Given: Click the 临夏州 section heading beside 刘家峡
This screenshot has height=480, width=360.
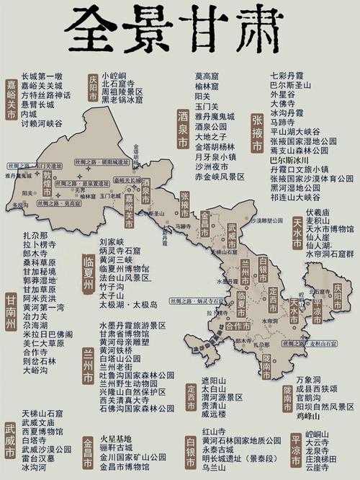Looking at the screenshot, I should (x=89, y=269).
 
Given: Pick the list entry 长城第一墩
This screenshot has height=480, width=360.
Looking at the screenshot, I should (x=42, y=76).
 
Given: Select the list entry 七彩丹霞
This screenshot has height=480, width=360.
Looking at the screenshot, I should (x=286, y=75).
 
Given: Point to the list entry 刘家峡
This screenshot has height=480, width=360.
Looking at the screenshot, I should (x=112, y=241).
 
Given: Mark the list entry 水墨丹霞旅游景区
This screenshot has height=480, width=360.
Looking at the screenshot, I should (x=132, y=326).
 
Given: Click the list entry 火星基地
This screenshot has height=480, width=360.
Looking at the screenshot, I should (x=115, y=437).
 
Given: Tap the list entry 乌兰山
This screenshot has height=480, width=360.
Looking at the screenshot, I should (x=214, y=467).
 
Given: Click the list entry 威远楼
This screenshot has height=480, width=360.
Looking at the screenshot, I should (x=214, y=414).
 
